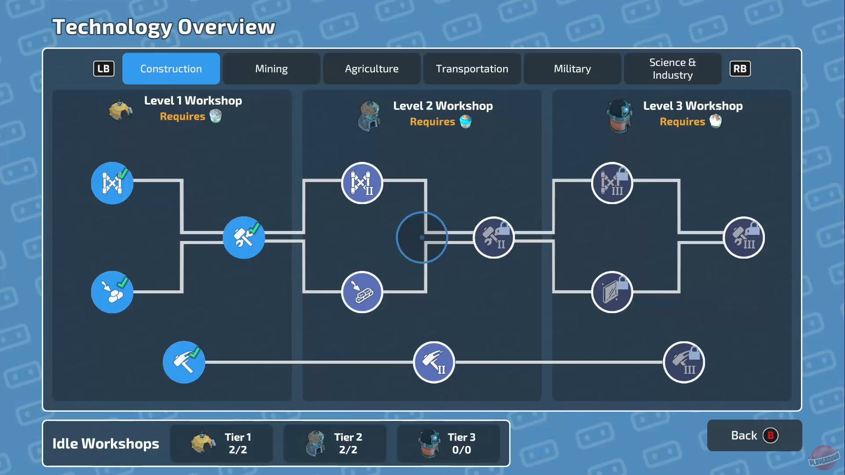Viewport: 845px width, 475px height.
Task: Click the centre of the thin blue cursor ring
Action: [422, 237]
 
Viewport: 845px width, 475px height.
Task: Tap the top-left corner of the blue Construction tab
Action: [123, 53]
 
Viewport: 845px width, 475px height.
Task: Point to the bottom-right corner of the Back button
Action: [802, 451]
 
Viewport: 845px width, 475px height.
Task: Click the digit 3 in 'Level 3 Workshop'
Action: [679, 106]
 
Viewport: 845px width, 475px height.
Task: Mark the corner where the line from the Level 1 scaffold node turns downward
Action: [182, 180]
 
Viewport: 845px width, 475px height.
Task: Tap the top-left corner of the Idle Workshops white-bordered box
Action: [43, 421]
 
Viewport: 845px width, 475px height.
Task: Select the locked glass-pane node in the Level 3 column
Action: [612, 292]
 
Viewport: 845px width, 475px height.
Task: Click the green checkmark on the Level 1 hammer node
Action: [194, 352]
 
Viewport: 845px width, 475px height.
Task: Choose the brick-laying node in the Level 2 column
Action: [362, 292]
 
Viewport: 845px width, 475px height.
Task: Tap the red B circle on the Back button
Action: [770, 435]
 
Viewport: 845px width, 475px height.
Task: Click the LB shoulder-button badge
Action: [104, 69]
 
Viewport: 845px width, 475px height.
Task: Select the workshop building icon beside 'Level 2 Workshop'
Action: [369, 116]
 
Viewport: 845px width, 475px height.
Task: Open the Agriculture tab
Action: [371, 69]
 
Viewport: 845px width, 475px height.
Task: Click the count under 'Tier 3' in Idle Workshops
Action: [462, 450]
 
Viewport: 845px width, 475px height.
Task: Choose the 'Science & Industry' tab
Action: [672, 69]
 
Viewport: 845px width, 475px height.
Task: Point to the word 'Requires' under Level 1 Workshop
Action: [183, 117]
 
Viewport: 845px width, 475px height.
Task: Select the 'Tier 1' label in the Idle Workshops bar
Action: [238, 437]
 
